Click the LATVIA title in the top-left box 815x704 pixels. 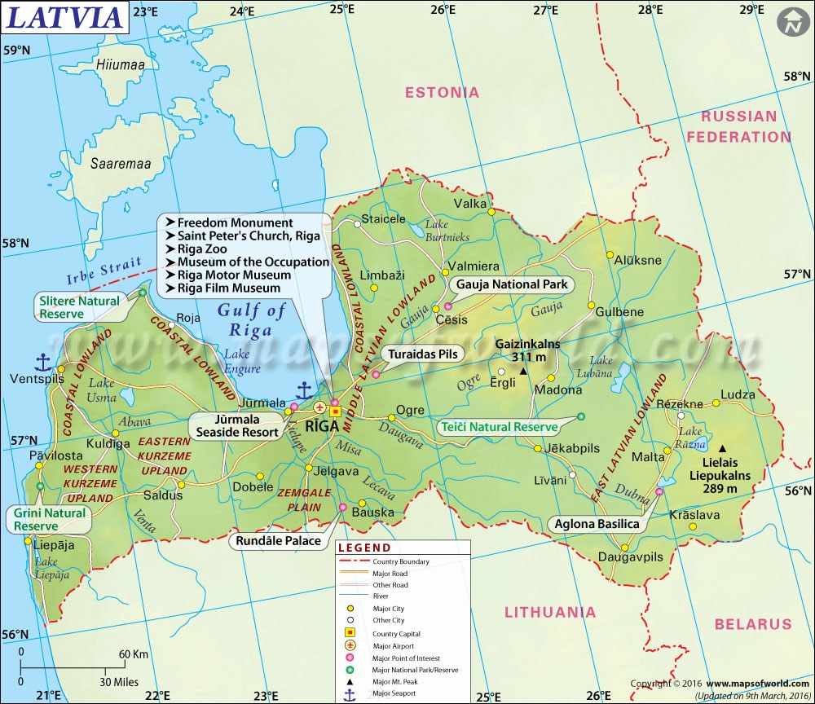64,16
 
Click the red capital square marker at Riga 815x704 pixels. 334,411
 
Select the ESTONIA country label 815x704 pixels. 443,92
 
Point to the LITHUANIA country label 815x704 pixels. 550,612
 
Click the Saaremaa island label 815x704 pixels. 121,164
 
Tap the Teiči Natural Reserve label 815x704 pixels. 497,426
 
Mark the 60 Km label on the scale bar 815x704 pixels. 134,654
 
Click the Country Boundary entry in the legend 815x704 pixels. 400,561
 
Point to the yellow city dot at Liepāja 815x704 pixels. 29,540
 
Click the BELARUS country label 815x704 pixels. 753,624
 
